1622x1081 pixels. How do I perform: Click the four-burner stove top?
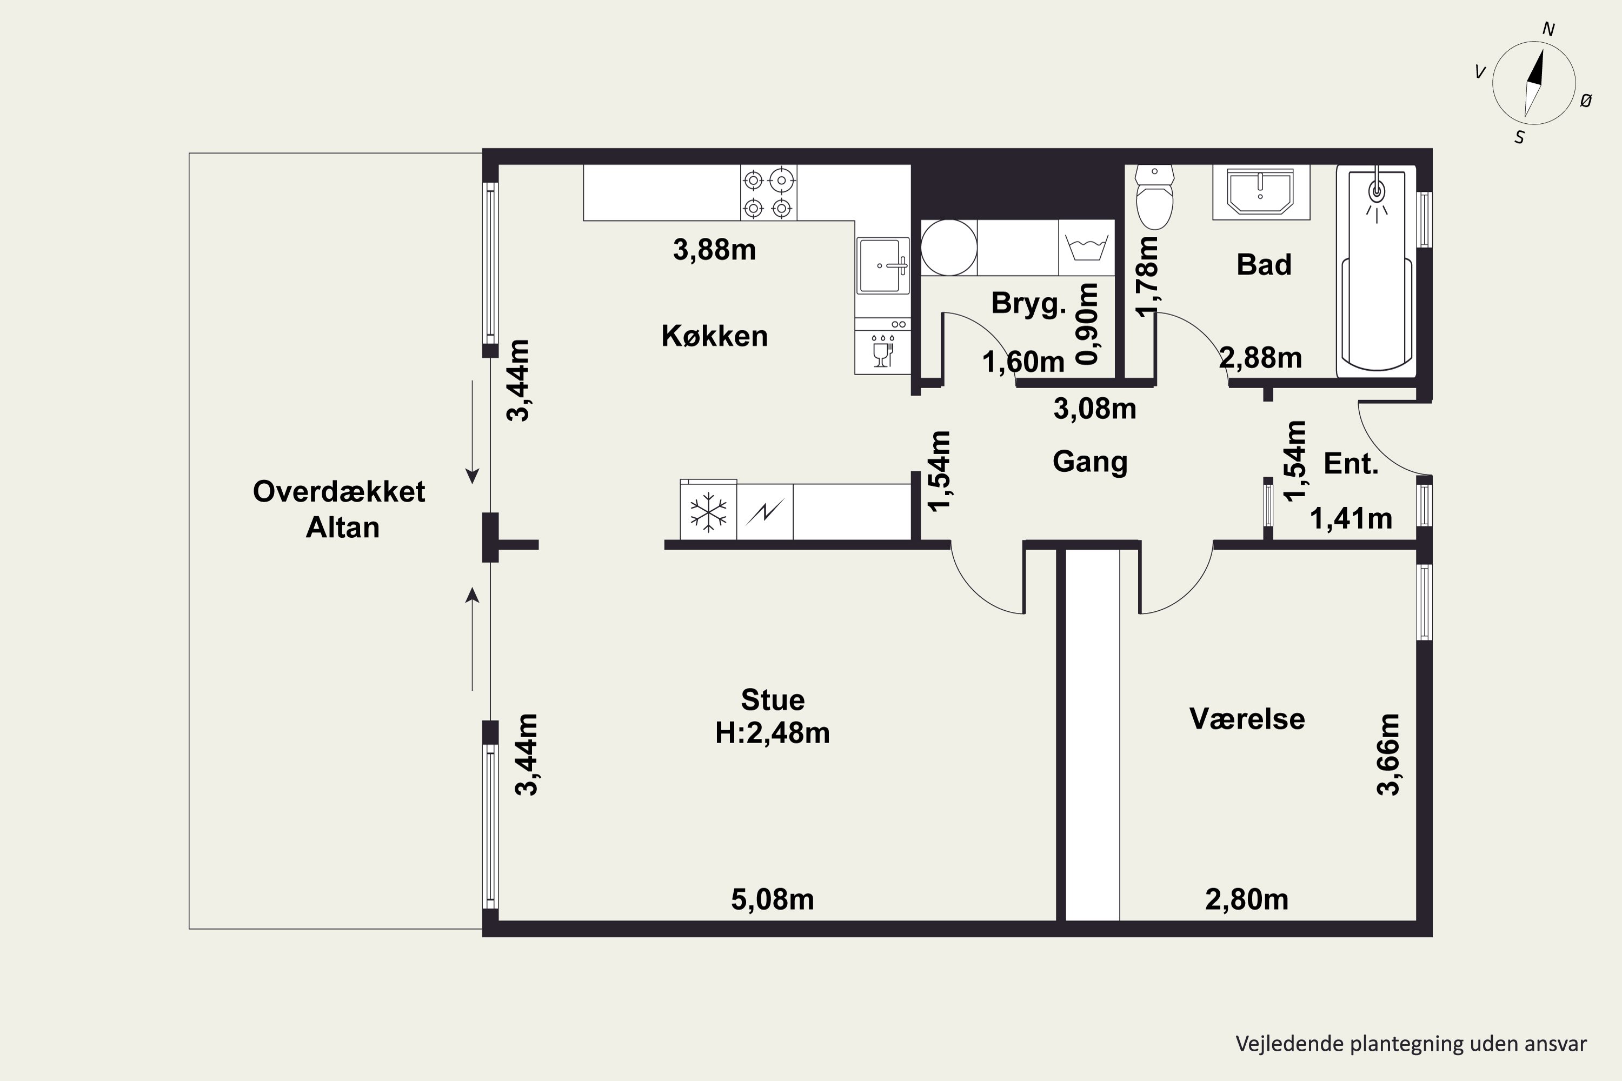(768, 192)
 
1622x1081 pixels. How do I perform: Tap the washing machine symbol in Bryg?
(1086, 248)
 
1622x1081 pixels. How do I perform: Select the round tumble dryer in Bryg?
(949, 248)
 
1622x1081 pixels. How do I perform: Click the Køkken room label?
(714, 336)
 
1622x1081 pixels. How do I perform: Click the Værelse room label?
(1247, 719)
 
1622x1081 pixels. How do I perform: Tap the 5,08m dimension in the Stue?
(773, 900)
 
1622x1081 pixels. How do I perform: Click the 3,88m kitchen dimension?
(714, 250)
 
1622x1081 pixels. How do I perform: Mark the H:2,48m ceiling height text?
(773, 733)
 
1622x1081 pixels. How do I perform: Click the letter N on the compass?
(1548, 29)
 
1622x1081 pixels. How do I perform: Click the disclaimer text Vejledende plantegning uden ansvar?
(1411, 1044)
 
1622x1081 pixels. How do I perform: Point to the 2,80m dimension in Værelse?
(1247, 900)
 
